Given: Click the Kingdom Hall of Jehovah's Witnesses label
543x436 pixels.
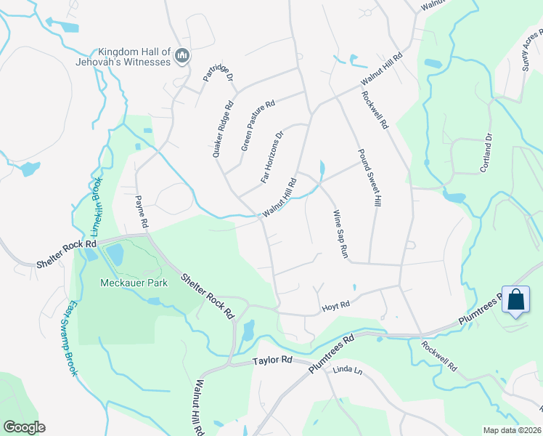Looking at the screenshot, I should [134, 57].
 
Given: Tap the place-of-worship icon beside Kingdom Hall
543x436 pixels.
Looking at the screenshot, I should [182, 56].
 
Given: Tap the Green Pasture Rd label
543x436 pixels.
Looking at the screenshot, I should [258, 126].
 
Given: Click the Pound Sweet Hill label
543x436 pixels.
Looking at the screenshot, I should [368, 179].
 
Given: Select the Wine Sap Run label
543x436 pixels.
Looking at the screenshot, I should [340, 235].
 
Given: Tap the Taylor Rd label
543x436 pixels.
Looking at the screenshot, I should [271, 360].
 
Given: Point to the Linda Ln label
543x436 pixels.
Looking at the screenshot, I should [346, 371].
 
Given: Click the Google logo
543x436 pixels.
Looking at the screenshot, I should [24, 427].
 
